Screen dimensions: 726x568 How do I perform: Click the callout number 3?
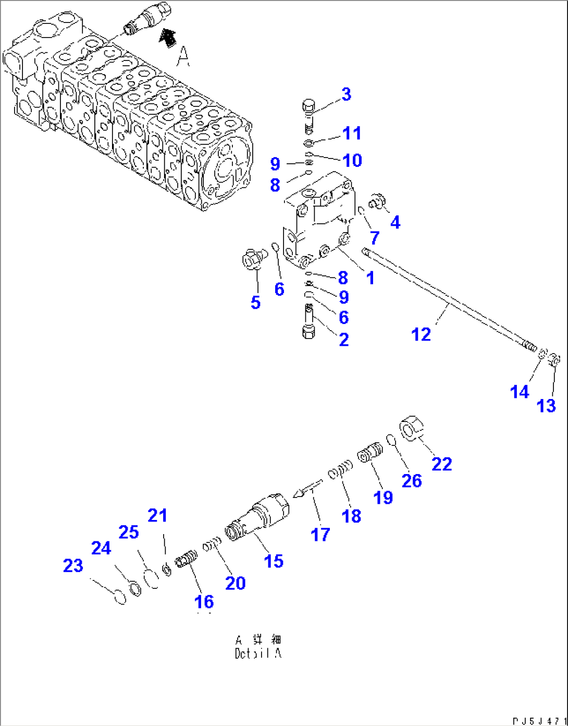point(347,94)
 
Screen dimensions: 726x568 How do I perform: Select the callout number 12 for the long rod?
point(421,334)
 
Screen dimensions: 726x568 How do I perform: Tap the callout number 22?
point(441,464)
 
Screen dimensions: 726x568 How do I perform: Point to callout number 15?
point(274,561)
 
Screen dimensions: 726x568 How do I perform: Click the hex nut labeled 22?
point(412,428)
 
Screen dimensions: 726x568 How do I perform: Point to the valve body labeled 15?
point(258,516)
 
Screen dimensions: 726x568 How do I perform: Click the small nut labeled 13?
point(554,359)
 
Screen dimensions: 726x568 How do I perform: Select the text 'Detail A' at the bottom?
point(258,654)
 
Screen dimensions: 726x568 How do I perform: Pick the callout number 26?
point(411,480)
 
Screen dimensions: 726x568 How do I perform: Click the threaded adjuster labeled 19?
point(371,452)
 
